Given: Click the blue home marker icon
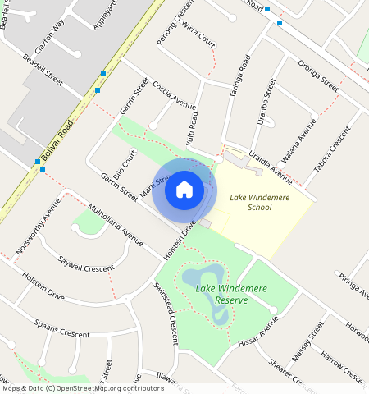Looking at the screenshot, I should (184, 190).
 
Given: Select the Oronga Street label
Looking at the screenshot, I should (318, 74).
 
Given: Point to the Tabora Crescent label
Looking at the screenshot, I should (332, 150).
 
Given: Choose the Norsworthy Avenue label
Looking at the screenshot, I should (36, 224).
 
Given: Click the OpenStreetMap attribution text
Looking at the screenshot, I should (82, 388).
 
